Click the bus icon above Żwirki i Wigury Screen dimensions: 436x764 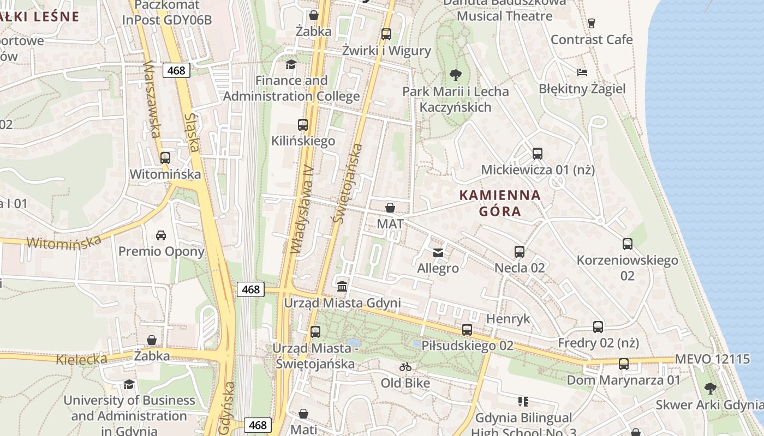[386, 34]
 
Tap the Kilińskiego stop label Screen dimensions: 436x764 [303, 141]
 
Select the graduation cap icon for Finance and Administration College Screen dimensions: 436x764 [291, 65]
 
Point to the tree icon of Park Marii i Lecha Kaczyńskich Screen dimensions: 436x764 [455, 75]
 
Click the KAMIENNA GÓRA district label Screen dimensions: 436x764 [500, 203]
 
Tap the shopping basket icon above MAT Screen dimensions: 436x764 [390, 208]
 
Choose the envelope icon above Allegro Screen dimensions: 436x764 [438, 252]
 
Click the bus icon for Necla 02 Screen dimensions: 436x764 [520, 252]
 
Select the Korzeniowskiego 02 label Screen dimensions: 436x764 [628, 268]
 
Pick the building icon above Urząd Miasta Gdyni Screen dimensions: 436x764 [342, 286]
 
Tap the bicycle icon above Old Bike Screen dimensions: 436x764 [405, 367]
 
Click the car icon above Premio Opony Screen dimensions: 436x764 [161, 235]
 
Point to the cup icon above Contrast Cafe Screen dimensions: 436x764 [591, 23]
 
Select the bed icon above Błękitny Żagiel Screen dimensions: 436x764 [582, 72]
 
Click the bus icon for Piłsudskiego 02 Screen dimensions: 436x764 [467, 330]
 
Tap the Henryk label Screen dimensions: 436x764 [508, 319]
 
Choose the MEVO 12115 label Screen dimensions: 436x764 [713, 359]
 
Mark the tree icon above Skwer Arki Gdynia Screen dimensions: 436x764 [710, 388]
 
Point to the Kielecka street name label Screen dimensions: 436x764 [81, 359]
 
